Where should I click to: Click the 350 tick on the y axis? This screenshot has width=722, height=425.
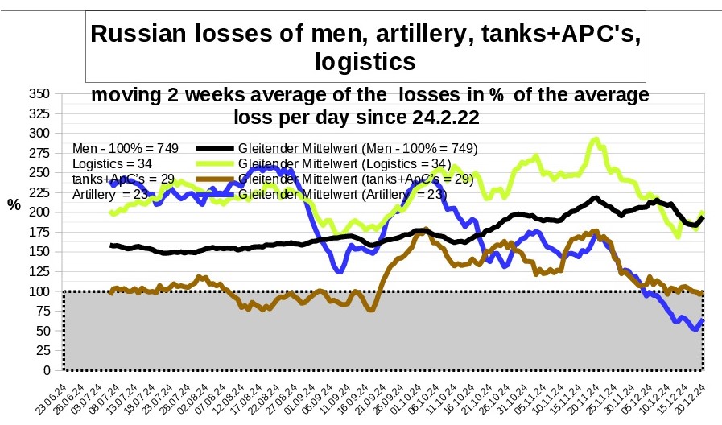point(39,93)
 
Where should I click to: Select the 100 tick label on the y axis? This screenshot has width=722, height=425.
point(39,291)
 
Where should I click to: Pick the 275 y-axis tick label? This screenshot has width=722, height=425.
point(39,153)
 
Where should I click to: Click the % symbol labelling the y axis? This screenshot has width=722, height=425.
point(14,204)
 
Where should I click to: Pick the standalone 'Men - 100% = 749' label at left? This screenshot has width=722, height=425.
point(124,148)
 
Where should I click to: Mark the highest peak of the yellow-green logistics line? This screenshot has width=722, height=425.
point(595,139)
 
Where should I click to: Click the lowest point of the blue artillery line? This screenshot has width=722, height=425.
point(694,329)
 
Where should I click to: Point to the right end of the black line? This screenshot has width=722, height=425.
point(703,218)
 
